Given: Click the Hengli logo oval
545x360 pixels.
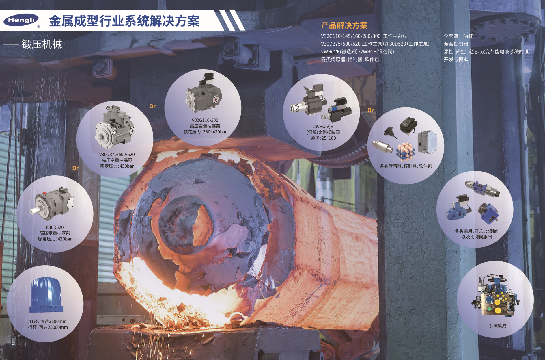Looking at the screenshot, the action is point(21,20).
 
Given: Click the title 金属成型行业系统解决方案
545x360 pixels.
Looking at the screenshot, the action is point(124,21).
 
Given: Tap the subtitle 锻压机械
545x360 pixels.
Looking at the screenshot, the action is point(42,44).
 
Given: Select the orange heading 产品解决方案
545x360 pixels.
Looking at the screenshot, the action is point(344,25).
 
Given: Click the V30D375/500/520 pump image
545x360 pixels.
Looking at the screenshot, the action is point(115,127).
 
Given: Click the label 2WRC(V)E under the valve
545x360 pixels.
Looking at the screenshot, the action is point(323,126).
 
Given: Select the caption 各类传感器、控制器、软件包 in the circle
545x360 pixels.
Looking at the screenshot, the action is point(406,166).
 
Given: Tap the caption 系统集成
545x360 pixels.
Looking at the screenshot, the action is point(497,326).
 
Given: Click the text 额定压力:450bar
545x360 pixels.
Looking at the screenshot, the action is point(117,166).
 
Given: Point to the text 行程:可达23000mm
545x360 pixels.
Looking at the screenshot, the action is point(48,327).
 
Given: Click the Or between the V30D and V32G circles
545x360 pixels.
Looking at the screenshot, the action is point(152,106).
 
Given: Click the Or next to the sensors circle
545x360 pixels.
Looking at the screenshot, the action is point(370,110).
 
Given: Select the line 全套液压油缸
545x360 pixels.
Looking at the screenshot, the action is point(458,36).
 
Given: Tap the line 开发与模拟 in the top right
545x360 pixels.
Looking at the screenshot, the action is point(456,59).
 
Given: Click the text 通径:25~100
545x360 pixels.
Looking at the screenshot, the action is point(323,138).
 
